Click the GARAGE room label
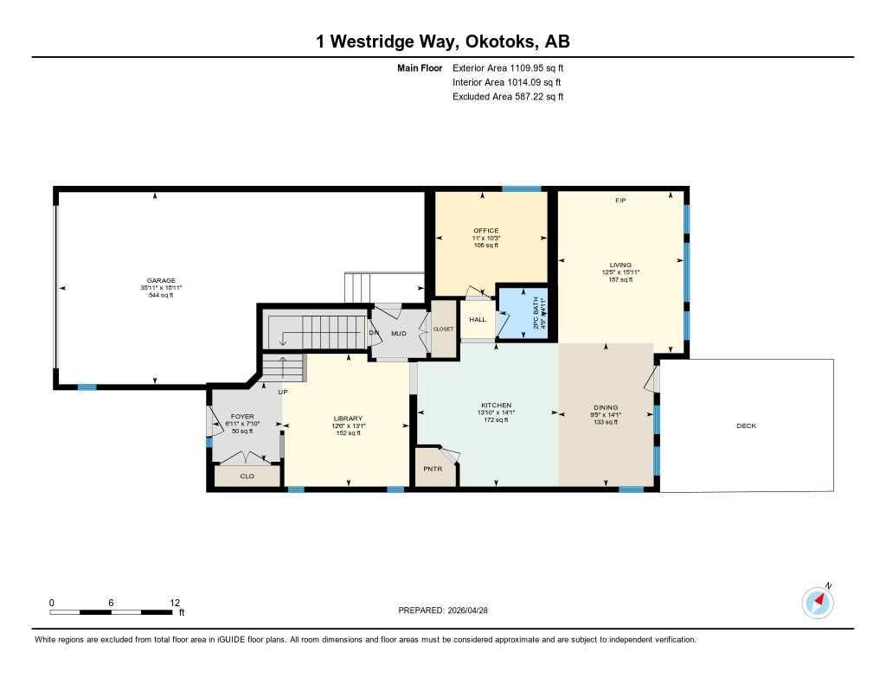pos(161,280)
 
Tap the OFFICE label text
pos(486,231)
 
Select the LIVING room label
pos(620,265)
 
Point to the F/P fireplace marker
pos(620,201)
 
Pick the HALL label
pos(478,320)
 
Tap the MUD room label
pos(398,333)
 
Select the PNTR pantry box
pos(433,469)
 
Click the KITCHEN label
pos(496,406)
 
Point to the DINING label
pos(606,406)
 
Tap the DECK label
pos(746,425)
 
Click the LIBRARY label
pos(347,419)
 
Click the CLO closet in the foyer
pos(247,476)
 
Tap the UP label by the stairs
pos(282,392)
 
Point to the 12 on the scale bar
pos(175,603)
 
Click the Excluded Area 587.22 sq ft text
pos(508,97)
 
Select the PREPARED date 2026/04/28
pos(448,610)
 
